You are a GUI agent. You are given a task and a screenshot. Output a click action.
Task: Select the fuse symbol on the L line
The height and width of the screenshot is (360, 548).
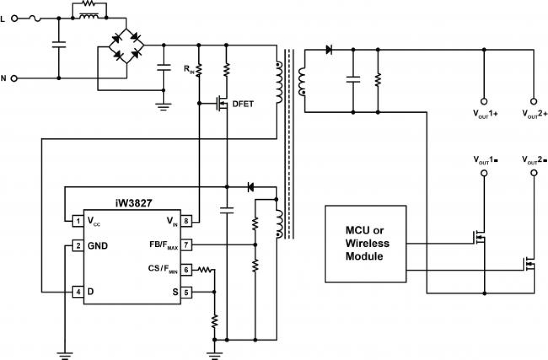point(35,18)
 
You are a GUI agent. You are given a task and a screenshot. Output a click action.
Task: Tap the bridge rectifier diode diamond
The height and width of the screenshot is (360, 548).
point(127,45)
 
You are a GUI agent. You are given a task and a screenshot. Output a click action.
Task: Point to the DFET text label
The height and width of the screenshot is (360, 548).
point(243,104)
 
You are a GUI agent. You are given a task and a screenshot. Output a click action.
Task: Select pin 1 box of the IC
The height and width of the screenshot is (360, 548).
point(77,221)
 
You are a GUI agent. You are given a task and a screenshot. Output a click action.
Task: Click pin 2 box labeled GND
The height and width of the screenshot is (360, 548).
point(77,246)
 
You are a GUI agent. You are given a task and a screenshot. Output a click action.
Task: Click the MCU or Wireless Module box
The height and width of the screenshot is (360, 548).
point(365,243)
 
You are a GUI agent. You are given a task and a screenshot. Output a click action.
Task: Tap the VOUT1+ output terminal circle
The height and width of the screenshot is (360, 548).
point(483,100)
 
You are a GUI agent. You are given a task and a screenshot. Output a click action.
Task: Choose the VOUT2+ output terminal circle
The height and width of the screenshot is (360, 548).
point(533,100)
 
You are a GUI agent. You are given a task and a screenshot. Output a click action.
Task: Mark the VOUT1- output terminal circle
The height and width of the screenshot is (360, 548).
point(483,173)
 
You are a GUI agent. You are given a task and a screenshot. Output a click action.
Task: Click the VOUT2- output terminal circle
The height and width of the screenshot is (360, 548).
point(533,173)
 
